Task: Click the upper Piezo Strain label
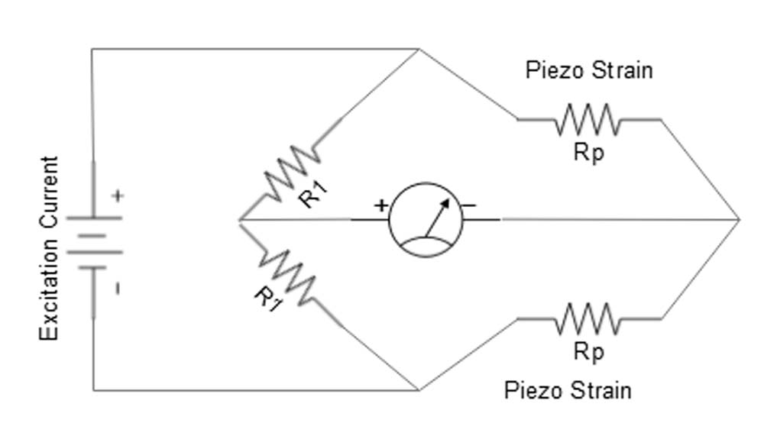click(589, 70)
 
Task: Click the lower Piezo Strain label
click(568, 390)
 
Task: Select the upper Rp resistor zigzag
click(588, 119)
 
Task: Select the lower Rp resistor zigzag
click(588, 318)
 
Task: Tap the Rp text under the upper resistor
click(588, 153)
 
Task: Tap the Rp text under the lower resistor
click(588, 352)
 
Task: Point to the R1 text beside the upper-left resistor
click(312, 195)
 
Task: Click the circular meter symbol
click(426, 220)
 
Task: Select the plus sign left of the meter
click(380, 205)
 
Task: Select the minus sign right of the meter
click(469, 205)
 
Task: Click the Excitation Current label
click(49, 248)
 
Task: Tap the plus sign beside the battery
click(117, 196)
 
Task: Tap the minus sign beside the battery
click(117, 289)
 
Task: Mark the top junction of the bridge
click(419, 50)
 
